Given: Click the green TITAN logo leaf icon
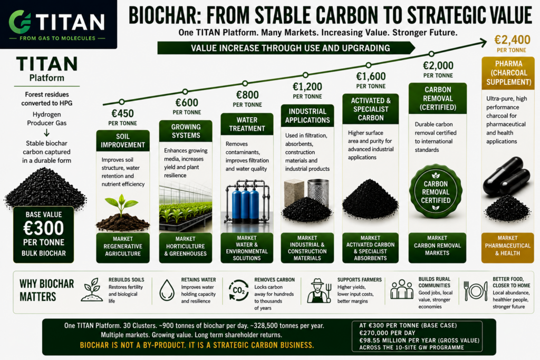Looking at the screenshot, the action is point(20,22).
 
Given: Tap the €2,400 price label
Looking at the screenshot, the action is point(512,40).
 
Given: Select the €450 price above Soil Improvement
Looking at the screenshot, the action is point(122,113).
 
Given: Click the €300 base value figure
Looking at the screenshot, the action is point(44,228).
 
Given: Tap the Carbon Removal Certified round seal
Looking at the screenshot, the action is point(436,192).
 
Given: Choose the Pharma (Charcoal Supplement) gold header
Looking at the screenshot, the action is point(508,73).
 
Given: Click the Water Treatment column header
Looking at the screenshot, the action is point(247,124).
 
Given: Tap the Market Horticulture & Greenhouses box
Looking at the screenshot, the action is point(185,247).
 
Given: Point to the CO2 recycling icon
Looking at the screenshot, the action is point(239,290).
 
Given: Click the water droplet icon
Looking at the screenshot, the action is point(167,290).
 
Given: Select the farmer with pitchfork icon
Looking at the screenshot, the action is point(319,290).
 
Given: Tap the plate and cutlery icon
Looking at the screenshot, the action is point(476,291).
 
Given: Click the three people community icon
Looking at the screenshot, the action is point(401,289).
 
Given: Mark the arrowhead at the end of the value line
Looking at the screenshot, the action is point(483,43).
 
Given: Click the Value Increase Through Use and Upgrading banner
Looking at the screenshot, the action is point(286,48).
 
